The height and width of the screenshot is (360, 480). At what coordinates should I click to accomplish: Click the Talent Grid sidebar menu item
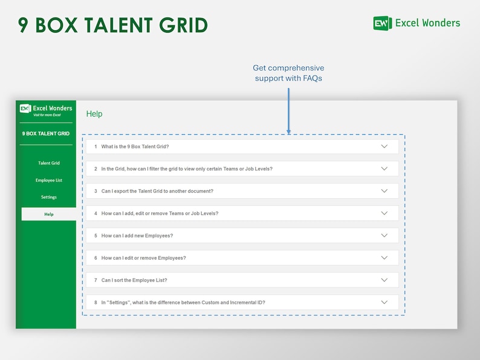point(49,163)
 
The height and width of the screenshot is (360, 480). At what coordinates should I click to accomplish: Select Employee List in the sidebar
point(49,180)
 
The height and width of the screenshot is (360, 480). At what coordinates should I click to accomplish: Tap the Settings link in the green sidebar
point(49,197)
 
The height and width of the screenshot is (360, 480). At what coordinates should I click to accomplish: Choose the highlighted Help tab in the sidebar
point(49,214)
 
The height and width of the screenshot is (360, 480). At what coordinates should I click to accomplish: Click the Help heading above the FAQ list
point(94,114)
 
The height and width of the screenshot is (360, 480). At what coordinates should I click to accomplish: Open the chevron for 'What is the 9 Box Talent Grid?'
point(384,146)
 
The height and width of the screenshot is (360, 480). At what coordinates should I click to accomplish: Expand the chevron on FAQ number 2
point(384,169)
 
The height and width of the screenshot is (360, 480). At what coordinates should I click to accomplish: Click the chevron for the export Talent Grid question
point(384,191)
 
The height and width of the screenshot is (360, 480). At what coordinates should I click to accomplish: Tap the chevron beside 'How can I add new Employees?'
point(384,236)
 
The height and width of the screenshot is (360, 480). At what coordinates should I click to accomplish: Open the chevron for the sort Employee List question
point(384,280)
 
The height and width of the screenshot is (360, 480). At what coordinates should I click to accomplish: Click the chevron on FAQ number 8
point(384,302)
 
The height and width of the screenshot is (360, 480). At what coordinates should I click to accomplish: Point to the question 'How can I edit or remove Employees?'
point(144,258)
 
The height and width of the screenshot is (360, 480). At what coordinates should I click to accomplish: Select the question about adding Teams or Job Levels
point(160,213)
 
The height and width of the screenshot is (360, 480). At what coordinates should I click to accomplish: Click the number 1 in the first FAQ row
point(96,147)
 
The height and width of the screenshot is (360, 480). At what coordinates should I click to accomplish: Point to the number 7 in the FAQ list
point(96,280)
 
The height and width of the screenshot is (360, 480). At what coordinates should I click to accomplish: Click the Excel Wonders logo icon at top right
point(382,23)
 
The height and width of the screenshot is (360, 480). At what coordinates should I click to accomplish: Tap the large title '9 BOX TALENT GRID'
point(113,25)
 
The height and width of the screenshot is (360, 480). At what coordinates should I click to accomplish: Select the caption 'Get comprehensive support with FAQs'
point(288,73)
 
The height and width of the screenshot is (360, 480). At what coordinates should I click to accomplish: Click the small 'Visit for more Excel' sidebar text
point(47,115)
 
